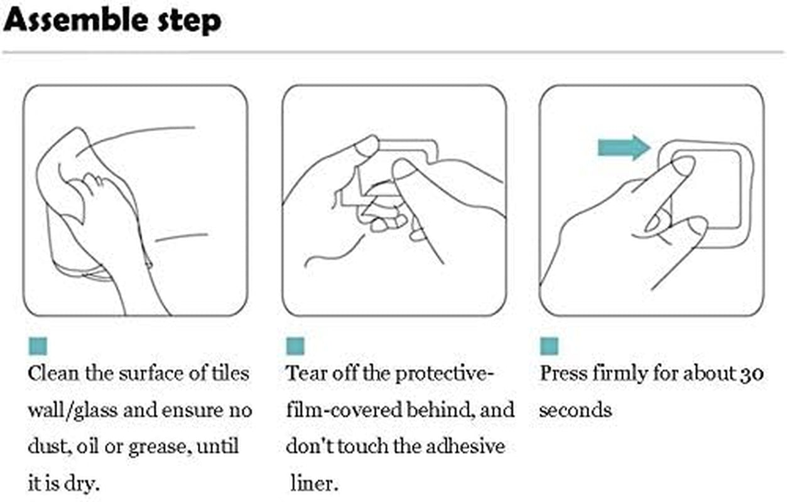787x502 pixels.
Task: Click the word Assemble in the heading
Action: [75, 19]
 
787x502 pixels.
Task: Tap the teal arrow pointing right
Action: [624, 147]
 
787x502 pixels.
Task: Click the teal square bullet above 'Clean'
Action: [38, 346]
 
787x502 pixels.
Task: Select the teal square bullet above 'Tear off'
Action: [295, 346]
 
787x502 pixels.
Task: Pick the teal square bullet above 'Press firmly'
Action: [549, 346]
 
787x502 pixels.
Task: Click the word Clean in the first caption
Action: [53, 373]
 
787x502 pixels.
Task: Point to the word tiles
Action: [230, 373]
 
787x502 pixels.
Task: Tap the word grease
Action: [160, 447]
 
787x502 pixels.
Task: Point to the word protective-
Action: [445, 374]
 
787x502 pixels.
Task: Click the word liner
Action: [314, 484]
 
